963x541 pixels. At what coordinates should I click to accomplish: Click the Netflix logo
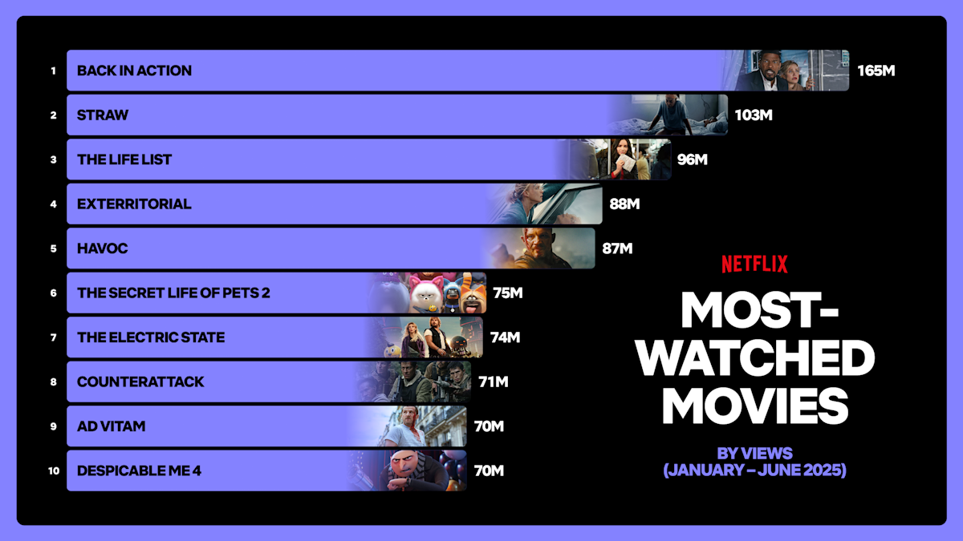[x=754, y=264]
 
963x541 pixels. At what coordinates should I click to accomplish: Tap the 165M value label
[x=876, y=71]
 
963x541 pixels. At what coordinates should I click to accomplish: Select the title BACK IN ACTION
[x=134, y=71]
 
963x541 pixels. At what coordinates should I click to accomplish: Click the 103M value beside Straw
[x=754, y=115]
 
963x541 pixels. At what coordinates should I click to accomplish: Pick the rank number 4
[x=54, y=204]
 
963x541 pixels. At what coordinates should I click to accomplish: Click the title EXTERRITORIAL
[x=134, y=204]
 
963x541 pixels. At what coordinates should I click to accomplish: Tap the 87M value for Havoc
[x=617, y=248]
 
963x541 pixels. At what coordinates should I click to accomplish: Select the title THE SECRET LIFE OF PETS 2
[x=173, y=293]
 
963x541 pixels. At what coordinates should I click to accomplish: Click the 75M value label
[x=508, y=293]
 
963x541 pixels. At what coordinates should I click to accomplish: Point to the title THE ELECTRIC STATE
[x=151, y=337]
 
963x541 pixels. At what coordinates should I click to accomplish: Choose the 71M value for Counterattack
[x=494, y=382]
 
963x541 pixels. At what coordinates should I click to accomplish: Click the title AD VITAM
[x=112, y=426]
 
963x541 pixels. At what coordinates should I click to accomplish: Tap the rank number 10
[x=54, y=471]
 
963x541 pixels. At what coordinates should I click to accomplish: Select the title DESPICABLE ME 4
[x=139, y=471]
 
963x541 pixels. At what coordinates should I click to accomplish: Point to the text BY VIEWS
[x=754, y=453]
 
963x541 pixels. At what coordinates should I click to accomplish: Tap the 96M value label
[x=692, y=159]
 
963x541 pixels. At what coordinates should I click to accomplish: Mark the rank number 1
[x=54, y=71]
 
